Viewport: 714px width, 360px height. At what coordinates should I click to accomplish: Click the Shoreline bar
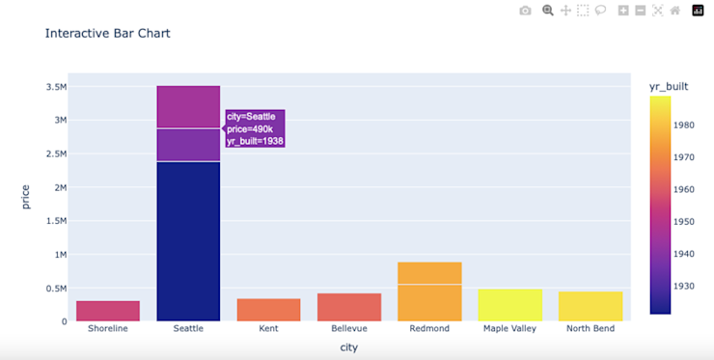pyautogui.click(x=108, y=311)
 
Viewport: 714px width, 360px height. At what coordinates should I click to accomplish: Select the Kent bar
pyautogui.click(x=268, y=310)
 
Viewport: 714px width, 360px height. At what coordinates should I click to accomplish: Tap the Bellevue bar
pyautogui.click(x=348, y=307)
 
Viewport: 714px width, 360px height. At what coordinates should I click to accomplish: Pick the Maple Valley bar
pyautogui.click(x=509, y=305)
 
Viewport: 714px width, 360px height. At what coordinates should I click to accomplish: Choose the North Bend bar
pyautogui.click(x=590, y=306)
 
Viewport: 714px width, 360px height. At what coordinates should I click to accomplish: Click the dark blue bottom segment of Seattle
pyautogui.click(x=188, y=241)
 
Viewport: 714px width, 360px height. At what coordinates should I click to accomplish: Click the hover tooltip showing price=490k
pyautogui.click(x=255, y=128)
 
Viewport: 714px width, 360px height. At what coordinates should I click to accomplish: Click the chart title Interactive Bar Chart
pyautogui.click(x=108, y=33)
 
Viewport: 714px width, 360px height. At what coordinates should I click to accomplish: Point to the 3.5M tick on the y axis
pyautogui.click(x=56, y=87)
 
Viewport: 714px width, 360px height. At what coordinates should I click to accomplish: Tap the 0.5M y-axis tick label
pyautogui.click(x=56, y=289)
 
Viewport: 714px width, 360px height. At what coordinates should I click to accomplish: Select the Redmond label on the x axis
pyautogui.click(x=429, y=328)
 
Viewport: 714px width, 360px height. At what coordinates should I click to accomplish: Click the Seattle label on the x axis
pyautogui.click(x=188, y=328)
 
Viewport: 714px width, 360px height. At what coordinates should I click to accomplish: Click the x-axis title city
pyautogui.click(x=349, y=347)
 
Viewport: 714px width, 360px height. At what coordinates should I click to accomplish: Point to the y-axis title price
pyautogui.click(x=26, y=196)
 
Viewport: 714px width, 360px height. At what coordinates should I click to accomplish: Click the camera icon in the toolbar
pyautogui.click(x=525, y=11)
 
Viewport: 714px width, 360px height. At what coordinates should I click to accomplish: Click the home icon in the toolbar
pyautogui.click(x=675, y=11)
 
